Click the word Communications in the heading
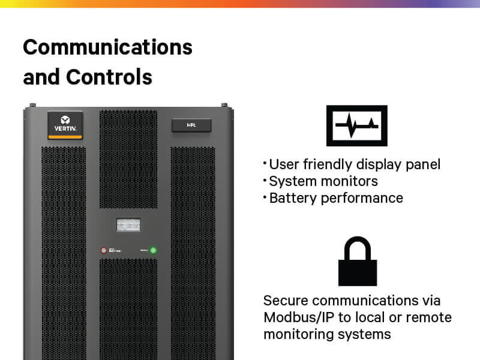coord(107,47)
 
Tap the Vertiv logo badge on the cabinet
coord(65,122)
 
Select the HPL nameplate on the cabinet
coord(190,125)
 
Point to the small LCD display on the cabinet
coord(128,225)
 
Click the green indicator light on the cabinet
coord(153,250)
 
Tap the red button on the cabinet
coord(103,250)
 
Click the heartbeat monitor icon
coord(356,125)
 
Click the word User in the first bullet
coord(283,164)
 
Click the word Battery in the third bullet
coord(290,198)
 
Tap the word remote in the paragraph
coord(431,317)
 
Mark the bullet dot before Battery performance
coord(265,196)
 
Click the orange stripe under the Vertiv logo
coord(65,137)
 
